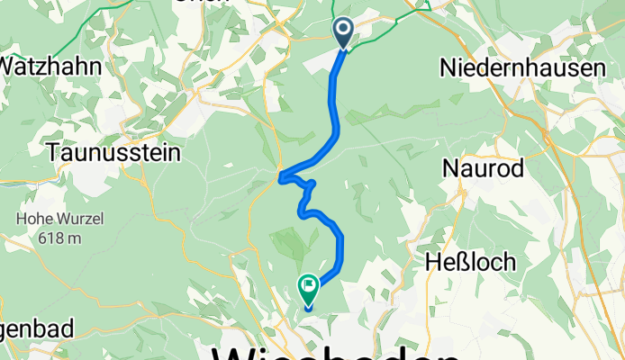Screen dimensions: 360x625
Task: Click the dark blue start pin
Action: pyautogui.click(x=344, y=32)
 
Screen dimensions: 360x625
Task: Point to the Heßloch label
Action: pyautogui.click(x=472, y=262)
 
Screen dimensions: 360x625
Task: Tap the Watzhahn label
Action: pyautogui.click(x=40, y=67)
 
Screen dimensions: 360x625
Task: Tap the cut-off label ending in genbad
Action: pyautogui.click(x=27, y=328)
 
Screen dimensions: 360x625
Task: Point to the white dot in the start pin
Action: pyautogui.click(x=344, y=30)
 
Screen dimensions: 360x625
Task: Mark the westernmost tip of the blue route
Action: pyautogui.click(x=281, y=175)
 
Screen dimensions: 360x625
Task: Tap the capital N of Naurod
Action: pyautogui.click(x=450, y=167)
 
